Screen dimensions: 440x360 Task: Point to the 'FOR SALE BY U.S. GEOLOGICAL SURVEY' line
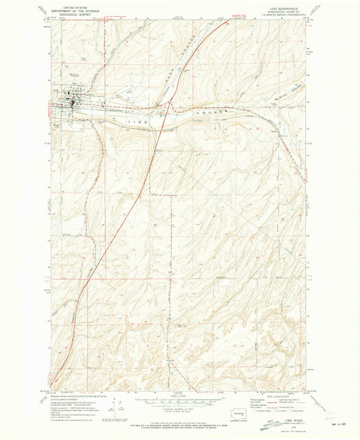tap(180, 421)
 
